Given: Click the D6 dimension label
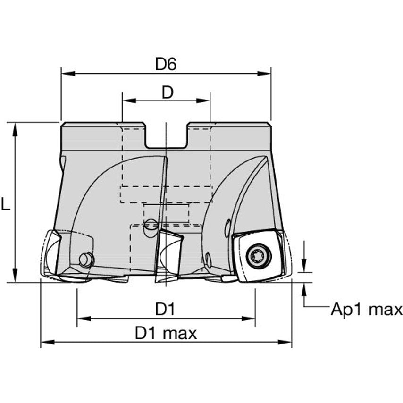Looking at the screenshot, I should [166, 65].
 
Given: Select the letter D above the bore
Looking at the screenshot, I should [167, 92].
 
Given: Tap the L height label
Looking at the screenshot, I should [5, 204].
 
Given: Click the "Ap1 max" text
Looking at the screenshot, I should [366, 310].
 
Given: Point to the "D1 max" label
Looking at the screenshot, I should [166, 334].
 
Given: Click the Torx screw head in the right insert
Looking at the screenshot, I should [259, 256].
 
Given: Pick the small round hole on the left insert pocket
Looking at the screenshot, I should [86, 259].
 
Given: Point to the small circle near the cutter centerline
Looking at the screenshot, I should [150, 224].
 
